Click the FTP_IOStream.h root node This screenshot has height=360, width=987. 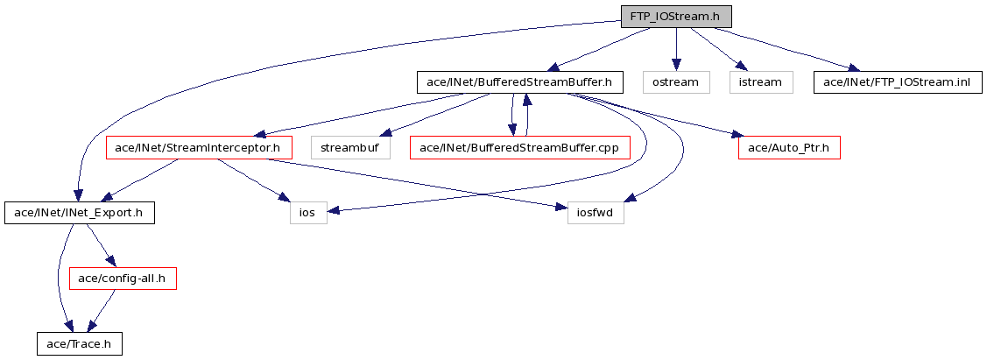676,17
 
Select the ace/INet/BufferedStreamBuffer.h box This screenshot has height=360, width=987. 519,82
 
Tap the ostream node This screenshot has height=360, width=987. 675,82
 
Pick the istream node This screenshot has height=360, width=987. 760,82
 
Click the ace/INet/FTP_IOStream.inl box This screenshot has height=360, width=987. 898,82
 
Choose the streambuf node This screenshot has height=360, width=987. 350,148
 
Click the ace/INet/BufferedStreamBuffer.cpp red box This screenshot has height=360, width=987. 520,148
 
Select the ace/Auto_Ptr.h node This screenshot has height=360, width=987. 789,148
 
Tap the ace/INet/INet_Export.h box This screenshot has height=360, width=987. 80,214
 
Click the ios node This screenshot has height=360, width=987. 308,214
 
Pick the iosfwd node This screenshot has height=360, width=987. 595,214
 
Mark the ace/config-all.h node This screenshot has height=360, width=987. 122,279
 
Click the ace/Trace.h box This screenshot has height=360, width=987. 79,344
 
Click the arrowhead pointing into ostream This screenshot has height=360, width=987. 675,66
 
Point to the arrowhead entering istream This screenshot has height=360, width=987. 742,68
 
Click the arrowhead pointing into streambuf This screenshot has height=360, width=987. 388,133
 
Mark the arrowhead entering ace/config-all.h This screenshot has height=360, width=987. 110,263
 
